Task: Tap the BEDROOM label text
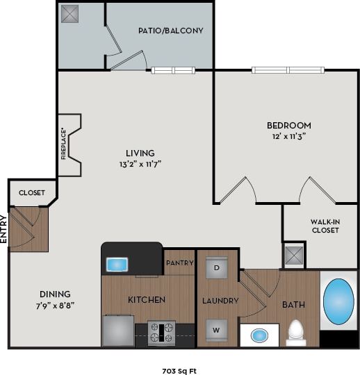pyautogui.click(x=289, y=126)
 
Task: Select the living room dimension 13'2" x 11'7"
pyautogui.click(x=140, y=164)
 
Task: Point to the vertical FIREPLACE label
pyautogui.click(x=64, y=144)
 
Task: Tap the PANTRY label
pyautogui.click(x=179, y=263)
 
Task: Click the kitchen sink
pyautogui.click(x=117, y=265)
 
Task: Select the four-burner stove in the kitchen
pyautogui.click(x=162, y=332)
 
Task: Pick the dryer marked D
pyautogui.click(x=217, y=267)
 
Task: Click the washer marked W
pyautogui.click(x=217, y=329)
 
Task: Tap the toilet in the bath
pyautogui.click(x=297, y=332)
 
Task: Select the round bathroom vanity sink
pyautogui.click(x=260, y=335)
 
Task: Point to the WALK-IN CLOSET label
pyautogui.click(x=325, y=226)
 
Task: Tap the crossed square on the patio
pyautogui.click(x=70, y=14)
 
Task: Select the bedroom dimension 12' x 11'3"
pyautogui.click(x=289, y=137)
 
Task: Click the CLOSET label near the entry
pyautogui.click(x=32, y=192)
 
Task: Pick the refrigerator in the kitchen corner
pyautogui.click(x=118, y=330)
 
